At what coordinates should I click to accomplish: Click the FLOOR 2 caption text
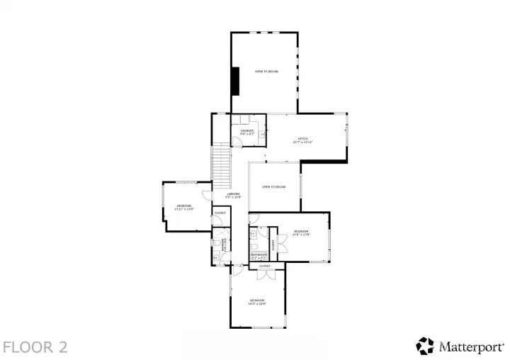[35, 347]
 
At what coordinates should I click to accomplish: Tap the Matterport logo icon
[425, 346]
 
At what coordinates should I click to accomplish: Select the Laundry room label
[247, 132]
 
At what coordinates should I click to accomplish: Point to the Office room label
[302, 140]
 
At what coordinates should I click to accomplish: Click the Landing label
[233, 196]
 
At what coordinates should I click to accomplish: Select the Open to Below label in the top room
[266, 72]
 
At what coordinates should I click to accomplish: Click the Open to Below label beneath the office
[273, 187]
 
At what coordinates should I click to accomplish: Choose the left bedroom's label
[184, 207]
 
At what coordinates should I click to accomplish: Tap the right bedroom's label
[301, 232]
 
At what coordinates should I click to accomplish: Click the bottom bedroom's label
[257, 302]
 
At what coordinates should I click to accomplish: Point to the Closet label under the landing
[220, 213]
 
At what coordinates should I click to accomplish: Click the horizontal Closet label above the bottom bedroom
[264, 266]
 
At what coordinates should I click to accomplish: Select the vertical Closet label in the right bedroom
[272, 244]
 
